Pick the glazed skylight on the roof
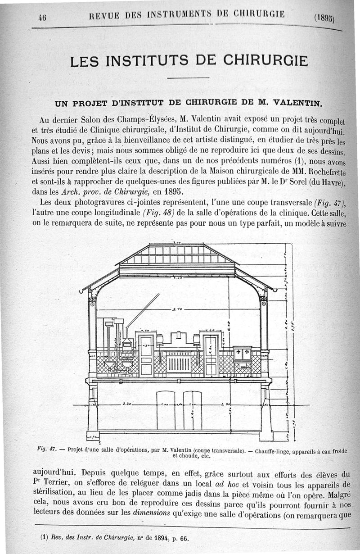(x=178, y=254)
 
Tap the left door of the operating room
(x=146, y=356)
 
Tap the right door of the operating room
(x=210, y=356)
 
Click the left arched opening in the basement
(x=165, y=410)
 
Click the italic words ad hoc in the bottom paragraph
(x=224, y=485)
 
